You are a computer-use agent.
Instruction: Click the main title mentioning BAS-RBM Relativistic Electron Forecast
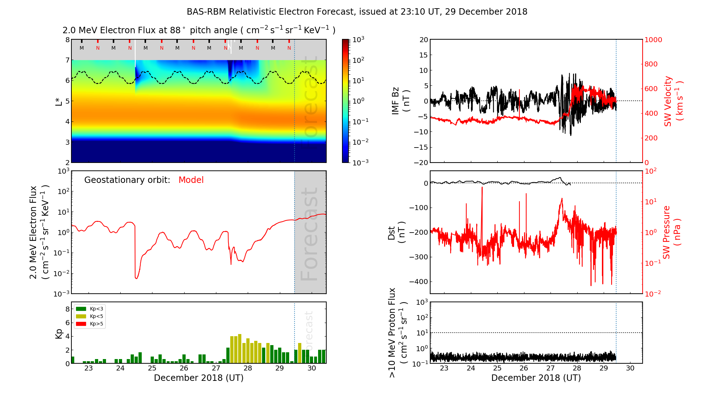(357, 12)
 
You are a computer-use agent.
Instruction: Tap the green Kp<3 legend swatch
(81, 309)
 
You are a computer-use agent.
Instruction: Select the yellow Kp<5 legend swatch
(81, 316)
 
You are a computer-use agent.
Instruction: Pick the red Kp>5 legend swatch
(81, 324)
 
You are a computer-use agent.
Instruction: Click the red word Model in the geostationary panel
(191, 180)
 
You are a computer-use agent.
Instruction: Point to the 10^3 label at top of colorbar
(358, 39)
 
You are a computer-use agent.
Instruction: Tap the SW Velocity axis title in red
(673, 101)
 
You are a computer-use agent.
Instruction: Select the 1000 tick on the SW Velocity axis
(653, 40)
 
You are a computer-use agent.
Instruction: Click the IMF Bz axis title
(400, 101)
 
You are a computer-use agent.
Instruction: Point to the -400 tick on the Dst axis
(419, 282)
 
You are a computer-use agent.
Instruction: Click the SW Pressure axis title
(672, 232)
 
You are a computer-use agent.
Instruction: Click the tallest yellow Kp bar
(240, 348)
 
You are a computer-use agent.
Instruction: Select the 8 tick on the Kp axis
(67, 309)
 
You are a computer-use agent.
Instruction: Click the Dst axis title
(396, 232)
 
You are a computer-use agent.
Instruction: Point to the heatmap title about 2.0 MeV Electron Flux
(199, 30)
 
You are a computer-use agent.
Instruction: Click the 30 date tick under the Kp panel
(312, 368)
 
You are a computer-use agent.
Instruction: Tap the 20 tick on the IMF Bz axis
(423, 40)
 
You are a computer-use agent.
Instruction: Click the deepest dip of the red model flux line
(136, 278)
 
